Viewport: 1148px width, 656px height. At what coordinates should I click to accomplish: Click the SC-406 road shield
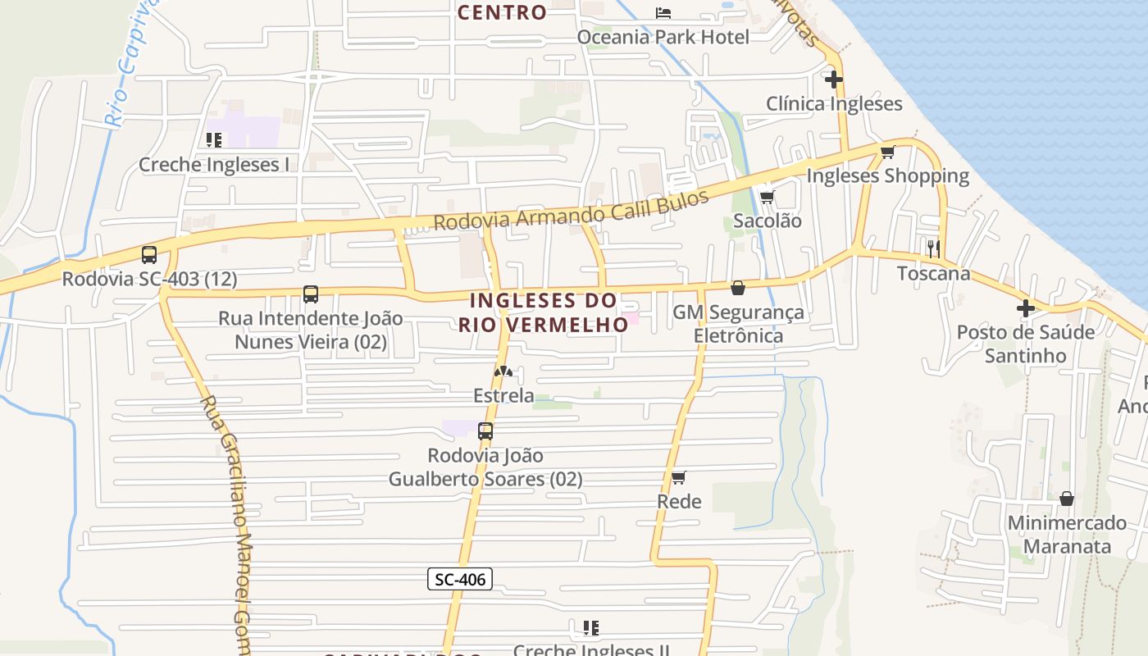[x=459, y=579]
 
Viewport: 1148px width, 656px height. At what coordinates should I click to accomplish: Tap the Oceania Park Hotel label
[x=663, y=37]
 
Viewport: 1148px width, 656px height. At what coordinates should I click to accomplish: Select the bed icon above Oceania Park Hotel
[x=663, y=12]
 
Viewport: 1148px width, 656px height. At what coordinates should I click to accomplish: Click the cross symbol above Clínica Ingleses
[x=834, y=80]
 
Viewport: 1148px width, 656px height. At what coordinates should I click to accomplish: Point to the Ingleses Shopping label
[x=887, y=175]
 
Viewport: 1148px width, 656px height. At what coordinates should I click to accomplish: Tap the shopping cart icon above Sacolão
[x=767, y=197]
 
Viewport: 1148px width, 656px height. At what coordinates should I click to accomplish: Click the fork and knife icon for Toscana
[x=933, y=248]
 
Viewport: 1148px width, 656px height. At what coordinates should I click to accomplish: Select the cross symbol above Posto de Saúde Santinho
[x=1026, y=308]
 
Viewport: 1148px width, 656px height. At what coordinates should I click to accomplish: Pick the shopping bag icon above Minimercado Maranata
[x=1067, y=499]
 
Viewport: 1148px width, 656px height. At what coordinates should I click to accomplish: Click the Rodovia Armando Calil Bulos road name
[x=571, y=210]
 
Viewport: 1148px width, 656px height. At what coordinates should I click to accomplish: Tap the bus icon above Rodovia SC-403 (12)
[x=149, y=255]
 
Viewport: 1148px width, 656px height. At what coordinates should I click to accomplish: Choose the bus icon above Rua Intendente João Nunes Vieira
[x=311, y=294]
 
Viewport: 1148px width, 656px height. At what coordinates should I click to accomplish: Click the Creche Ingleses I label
[x=213, y=164]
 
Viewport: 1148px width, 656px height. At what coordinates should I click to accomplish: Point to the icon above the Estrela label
[x=503, y=371]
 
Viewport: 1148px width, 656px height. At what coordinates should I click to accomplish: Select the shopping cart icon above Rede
[x=678, y=477]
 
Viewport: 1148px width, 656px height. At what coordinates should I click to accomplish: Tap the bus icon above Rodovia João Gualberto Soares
[x=485, y=430]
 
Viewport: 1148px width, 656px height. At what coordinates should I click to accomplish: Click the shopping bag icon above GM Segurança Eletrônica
[x=738, y=288]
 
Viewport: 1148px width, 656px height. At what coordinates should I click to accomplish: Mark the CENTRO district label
[x=502, y=12]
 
